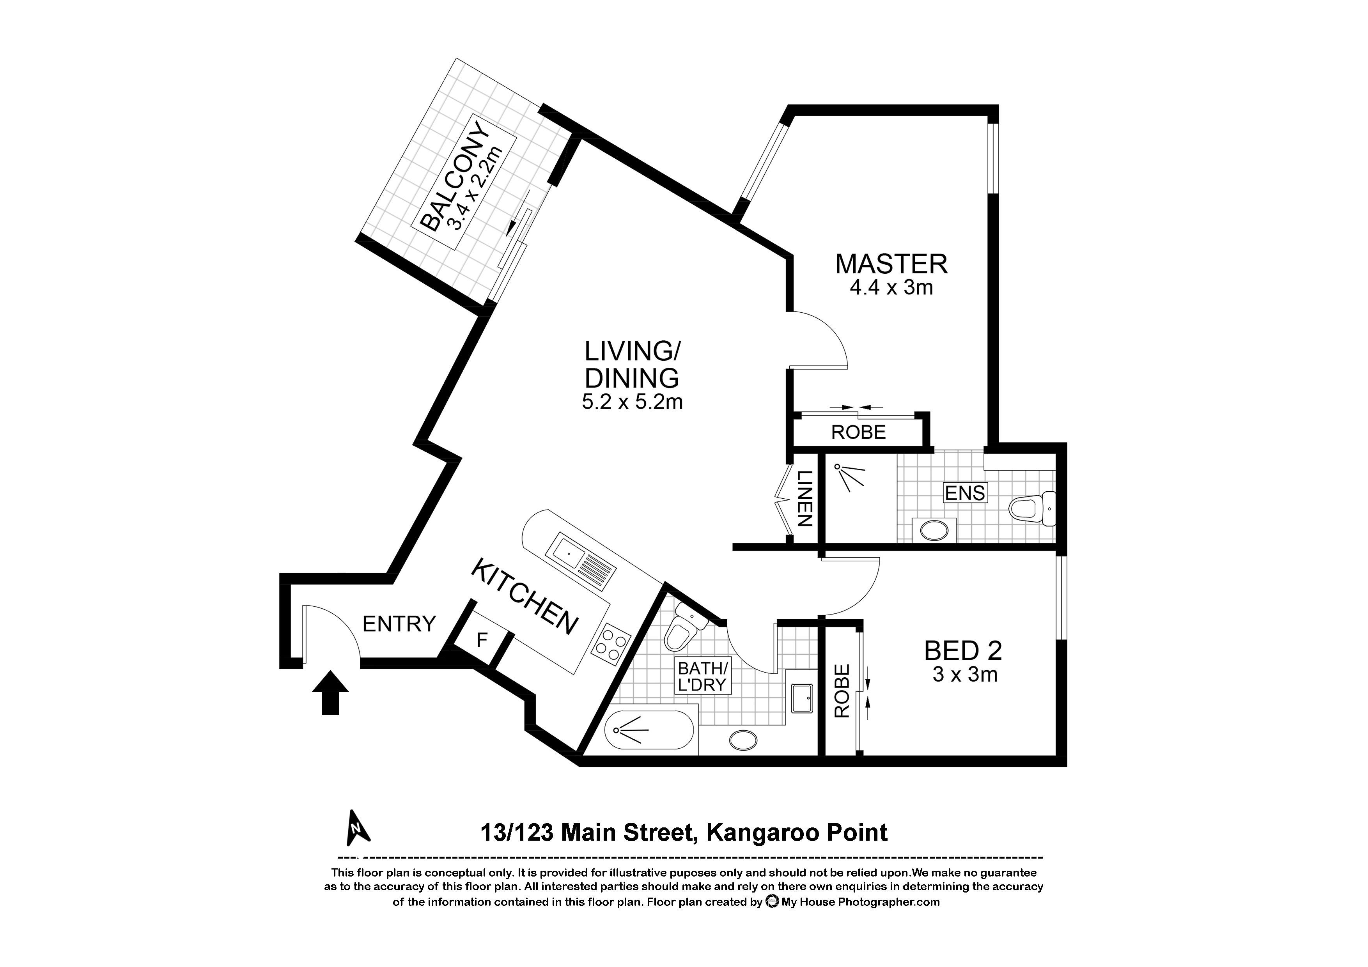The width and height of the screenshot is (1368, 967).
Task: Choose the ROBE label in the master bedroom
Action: click(859, 432)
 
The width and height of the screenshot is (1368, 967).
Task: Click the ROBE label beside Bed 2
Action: click(841, 691)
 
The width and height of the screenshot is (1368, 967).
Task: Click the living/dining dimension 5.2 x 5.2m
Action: click(632, 402)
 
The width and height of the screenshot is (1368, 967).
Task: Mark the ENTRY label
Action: click(399, 624)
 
